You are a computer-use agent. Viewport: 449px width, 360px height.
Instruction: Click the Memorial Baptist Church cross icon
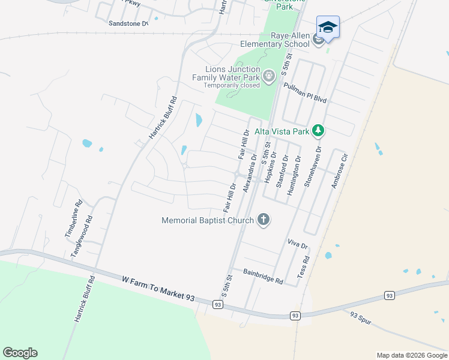coord(264,220)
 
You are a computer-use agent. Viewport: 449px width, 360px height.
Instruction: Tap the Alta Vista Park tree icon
coord(319,131)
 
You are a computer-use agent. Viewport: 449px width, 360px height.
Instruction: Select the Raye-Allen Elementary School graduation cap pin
coord(328,28)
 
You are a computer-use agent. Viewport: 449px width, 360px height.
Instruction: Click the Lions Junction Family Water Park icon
coord(268,76)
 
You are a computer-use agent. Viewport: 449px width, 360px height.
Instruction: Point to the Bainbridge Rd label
coord(263,272)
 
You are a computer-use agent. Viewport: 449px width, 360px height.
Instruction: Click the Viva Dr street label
coord(297,245)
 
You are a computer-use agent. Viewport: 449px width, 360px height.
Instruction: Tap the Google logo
coord(20,353)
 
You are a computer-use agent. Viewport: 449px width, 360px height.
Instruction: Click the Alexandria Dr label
coord(250,173)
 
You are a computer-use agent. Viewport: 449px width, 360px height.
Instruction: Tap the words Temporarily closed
coord(231,85)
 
